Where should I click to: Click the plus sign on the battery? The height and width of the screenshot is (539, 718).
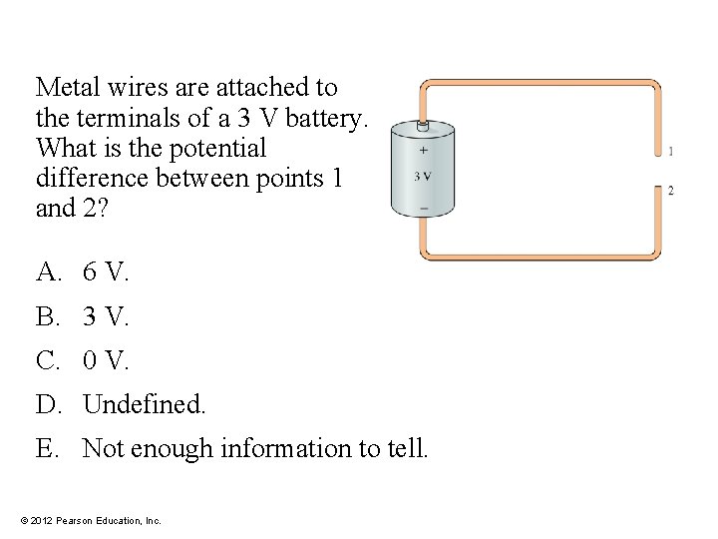423,152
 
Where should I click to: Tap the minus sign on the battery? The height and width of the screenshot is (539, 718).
424,208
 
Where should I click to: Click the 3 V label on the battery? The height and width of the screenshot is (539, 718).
423,177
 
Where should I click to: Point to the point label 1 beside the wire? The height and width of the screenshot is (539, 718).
670,152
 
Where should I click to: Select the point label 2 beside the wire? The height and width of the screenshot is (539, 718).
670,190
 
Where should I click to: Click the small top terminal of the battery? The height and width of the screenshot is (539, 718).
422,127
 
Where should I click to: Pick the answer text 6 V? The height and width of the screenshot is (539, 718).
106,270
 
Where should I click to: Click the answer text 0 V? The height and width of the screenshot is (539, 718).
106,360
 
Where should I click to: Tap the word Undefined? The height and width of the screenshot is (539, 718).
144,405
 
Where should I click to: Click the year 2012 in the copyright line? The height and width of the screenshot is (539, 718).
43,520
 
